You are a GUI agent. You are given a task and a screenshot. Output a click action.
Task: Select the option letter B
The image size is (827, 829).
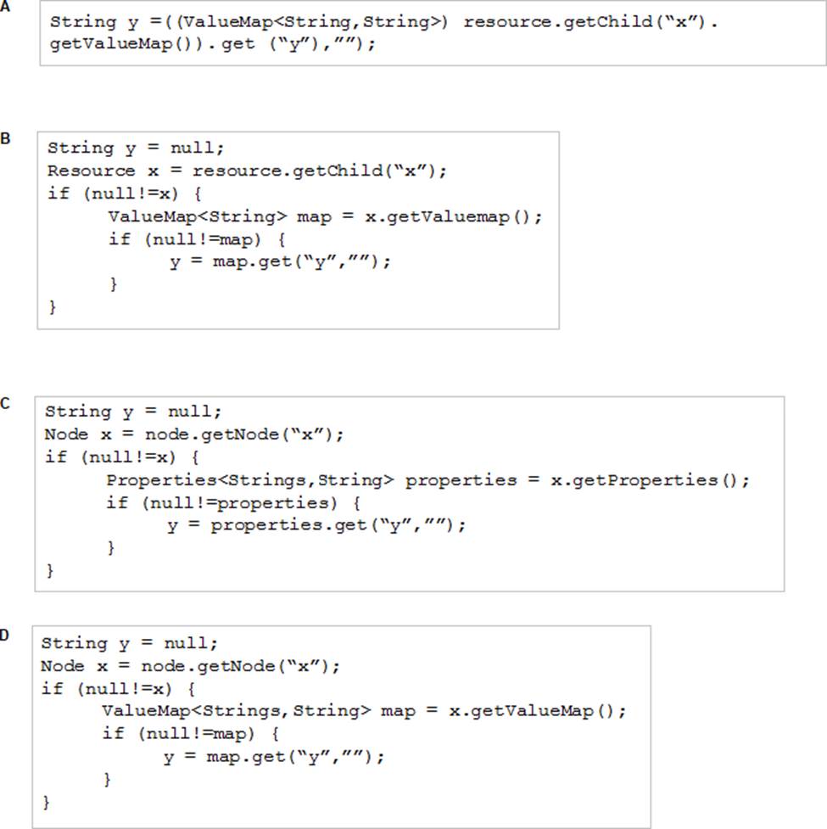[5, 138]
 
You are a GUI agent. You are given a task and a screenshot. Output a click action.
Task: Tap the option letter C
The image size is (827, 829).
[5, 404]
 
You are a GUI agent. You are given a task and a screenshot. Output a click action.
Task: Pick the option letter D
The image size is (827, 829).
[4, 635]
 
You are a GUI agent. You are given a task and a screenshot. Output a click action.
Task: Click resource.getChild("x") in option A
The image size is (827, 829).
[584, 22]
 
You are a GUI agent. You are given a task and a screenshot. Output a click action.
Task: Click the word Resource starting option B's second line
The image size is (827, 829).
[91, 171]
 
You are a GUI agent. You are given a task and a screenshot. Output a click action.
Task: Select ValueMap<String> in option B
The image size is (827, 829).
[198, 216]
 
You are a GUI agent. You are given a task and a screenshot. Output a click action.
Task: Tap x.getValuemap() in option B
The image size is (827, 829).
[447, 216]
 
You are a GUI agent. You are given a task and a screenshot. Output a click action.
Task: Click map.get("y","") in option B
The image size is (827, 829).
[297, 262]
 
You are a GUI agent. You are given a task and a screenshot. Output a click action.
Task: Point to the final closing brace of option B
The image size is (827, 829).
[52, 306]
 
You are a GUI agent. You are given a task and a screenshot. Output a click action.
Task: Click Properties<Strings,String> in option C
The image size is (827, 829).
[250, 480]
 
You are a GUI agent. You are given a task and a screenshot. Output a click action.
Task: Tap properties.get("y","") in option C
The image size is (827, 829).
[332, 525]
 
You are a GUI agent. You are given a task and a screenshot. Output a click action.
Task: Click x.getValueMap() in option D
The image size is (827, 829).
[532, 711]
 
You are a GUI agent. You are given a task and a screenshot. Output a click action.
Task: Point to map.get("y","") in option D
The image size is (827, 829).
[291, 757]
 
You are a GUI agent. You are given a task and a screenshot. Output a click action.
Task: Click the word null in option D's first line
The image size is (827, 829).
[187, 643]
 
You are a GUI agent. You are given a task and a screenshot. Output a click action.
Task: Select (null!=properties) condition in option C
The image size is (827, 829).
[239, 503]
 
